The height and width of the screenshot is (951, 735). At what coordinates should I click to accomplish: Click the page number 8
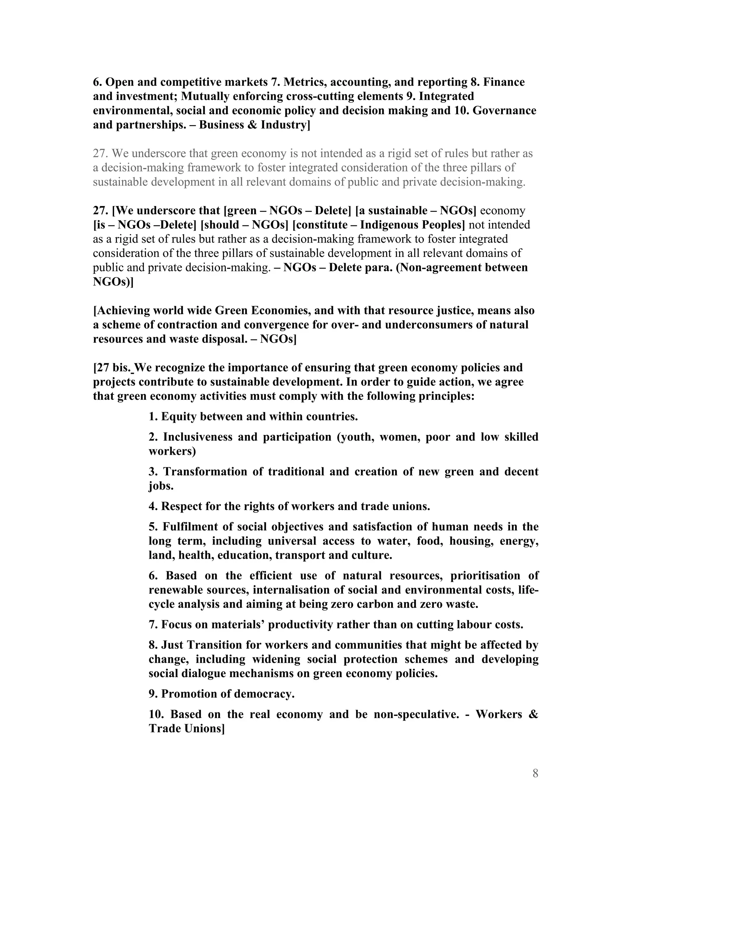(x=535, y=773)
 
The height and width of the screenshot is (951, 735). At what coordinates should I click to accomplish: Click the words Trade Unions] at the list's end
(x=186, y=729)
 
